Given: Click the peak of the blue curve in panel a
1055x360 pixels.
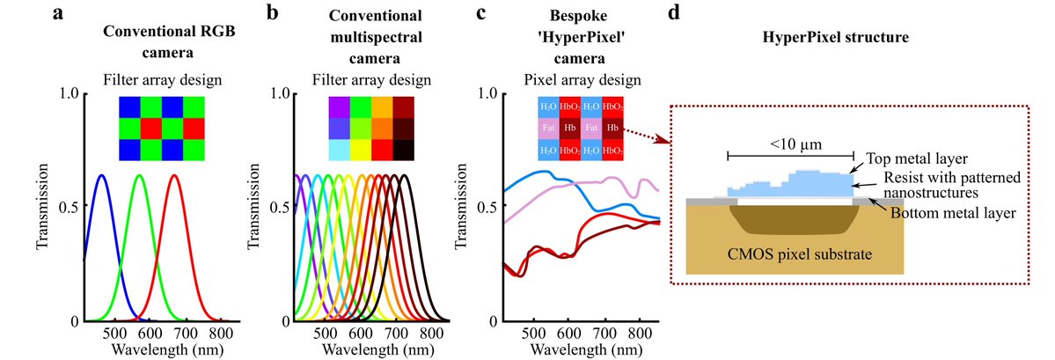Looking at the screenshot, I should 102,176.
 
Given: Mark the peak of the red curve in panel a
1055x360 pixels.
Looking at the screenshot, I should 174,176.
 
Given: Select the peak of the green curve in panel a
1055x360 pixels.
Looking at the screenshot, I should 138,176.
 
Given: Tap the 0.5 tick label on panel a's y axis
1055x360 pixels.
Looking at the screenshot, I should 70,207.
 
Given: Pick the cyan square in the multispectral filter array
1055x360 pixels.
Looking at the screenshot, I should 338,151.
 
